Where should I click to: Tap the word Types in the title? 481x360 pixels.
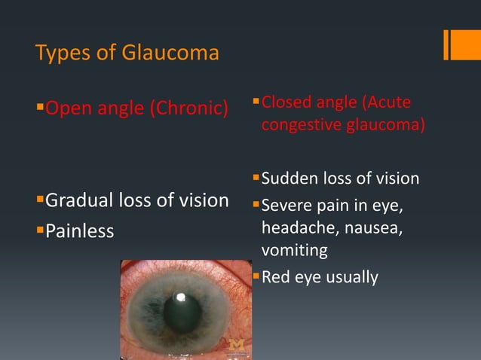point(60,54)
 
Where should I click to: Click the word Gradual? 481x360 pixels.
point(80,201)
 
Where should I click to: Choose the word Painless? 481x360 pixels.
point(80,230)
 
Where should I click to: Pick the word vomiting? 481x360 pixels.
point(293,250)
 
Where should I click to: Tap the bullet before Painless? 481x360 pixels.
point(40,229)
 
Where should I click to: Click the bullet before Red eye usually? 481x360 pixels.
point(256,276)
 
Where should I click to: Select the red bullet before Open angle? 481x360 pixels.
point(40,108)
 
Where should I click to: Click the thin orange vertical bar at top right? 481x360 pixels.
point(447,44)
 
